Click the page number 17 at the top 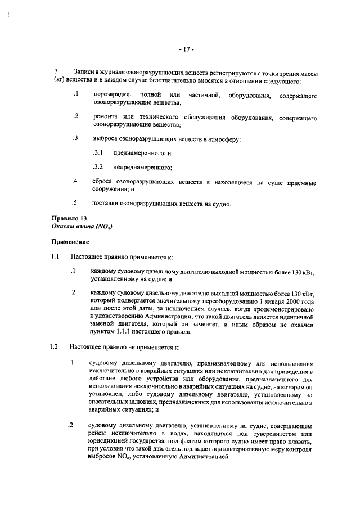tap(186, 49)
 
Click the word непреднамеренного tap(142, 167)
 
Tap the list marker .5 tap(74, 203)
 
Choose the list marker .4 tap(74, 181)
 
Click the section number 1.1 tap(55, 257)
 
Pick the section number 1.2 tap(55, 346)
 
